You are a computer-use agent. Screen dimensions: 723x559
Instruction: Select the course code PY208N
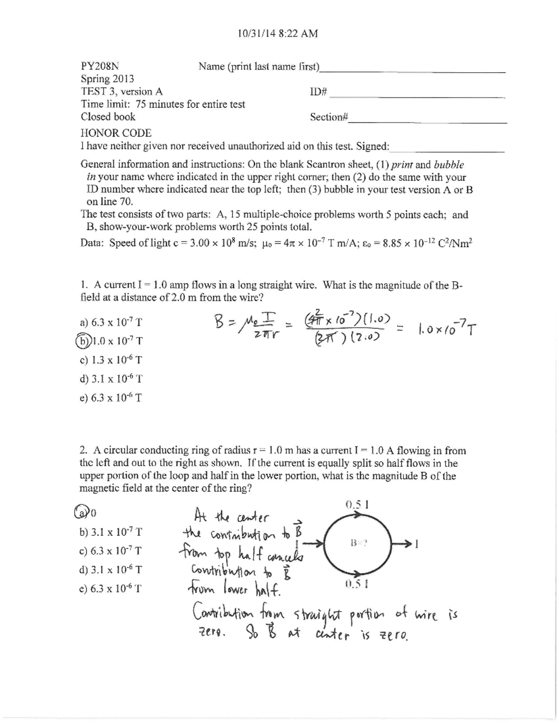[x=100, y=66]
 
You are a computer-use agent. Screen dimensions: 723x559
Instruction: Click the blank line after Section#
[x=428, y=122]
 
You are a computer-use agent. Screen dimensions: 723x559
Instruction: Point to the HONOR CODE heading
[x=116, y=133]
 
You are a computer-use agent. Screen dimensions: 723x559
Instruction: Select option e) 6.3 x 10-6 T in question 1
[x=111, y=398]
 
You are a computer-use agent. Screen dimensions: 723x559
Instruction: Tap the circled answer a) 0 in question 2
[x=82, y=512]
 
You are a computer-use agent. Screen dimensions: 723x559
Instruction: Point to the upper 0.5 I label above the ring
[x=357, y=504]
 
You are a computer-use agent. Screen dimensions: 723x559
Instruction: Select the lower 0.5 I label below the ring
[x=357, y=585]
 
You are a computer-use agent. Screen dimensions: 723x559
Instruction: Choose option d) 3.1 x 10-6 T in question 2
[x=111, y=569]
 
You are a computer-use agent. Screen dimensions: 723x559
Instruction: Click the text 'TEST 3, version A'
[x=122, y=92]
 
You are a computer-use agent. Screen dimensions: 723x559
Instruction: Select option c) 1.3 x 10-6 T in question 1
[x=111, y=360]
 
